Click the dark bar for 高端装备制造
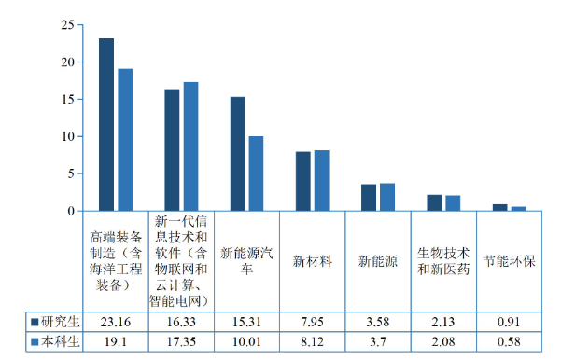tap(106, 125)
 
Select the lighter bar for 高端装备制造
tap(125, 140)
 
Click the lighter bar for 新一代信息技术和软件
tap(190, 146)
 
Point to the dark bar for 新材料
tap(303, 181)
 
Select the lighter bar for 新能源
tap(387, 197)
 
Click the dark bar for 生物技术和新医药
tap(434, 202)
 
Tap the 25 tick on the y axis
tap(65, 26)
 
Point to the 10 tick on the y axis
tap(65, 137)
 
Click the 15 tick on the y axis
tap(65, 100)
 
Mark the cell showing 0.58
tap(510, 341)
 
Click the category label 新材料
tap(313, 261)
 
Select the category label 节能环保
tap(510, 261)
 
